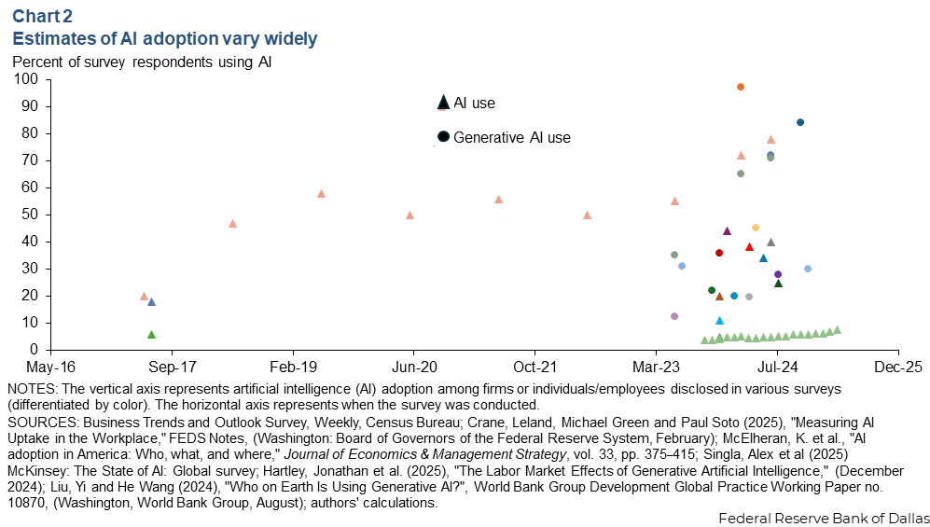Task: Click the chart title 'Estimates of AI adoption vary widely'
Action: [x=164, y=38]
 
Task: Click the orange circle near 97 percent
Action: [x=741, y=87]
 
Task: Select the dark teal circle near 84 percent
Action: [x=800, y=122]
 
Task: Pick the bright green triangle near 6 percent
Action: [x=151, y=334]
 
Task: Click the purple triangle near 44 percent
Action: [x=727, y=230]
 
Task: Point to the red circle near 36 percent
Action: [x=719, y=253]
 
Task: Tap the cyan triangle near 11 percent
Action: [x=719, y=320]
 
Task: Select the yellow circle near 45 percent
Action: [x=756, y=228]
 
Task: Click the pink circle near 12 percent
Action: [x=674, y=316]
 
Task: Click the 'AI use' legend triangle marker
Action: [x=443, y=103]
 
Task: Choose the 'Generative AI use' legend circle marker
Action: [x=443, y=136]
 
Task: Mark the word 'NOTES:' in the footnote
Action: [x=31, y=388]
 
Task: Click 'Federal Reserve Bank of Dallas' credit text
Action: [x=824, y=516]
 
